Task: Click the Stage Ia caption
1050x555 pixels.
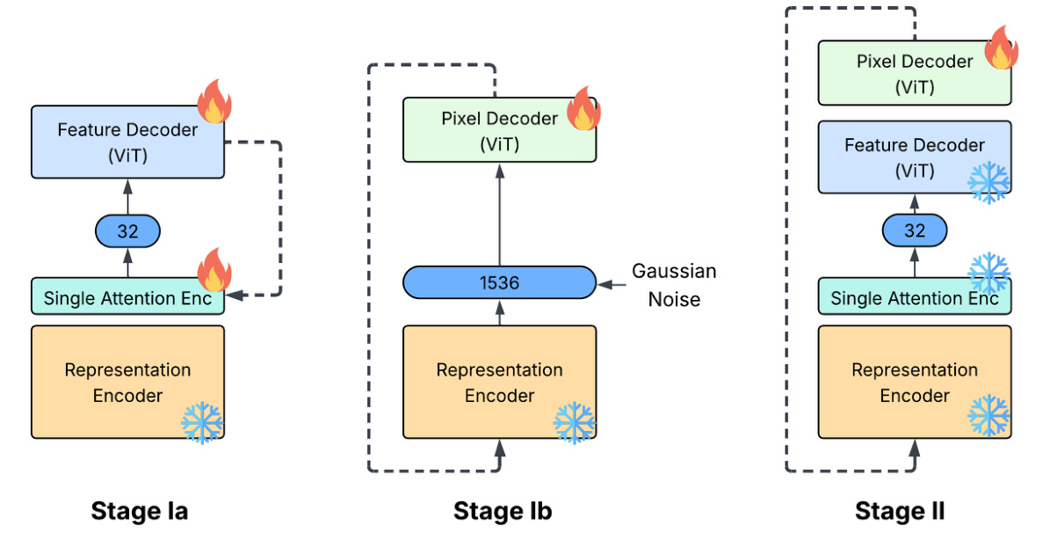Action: click(139, 512)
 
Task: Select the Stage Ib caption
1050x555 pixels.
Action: click(502, 512)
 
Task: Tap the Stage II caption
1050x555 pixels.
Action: click(899, 512)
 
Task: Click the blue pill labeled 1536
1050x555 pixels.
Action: click(499, 283)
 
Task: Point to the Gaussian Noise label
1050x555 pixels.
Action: click(674, 285)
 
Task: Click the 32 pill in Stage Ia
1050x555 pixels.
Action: click(127, 232)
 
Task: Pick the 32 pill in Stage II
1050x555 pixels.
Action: click(915, 231)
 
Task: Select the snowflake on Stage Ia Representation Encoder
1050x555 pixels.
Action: click(202, 422)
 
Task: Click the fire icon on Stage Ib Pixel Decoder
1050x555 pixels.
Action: click(583, 110)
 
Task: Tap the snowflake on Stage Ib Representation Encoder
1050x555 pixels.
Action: click(574, 422)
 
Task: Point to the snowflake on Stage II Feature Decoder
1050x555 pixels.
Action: click(988, 182)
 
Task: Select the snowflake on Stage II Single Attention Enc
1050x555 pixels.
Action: click(988, 273)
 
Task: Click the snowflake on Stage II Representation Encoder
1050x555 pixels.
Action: click(988, 415)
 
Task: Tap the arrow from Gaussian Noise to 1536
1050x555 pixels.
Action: click(612, 284)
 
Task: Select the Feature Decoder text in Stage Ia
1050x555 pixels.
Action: click(127, 130)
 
